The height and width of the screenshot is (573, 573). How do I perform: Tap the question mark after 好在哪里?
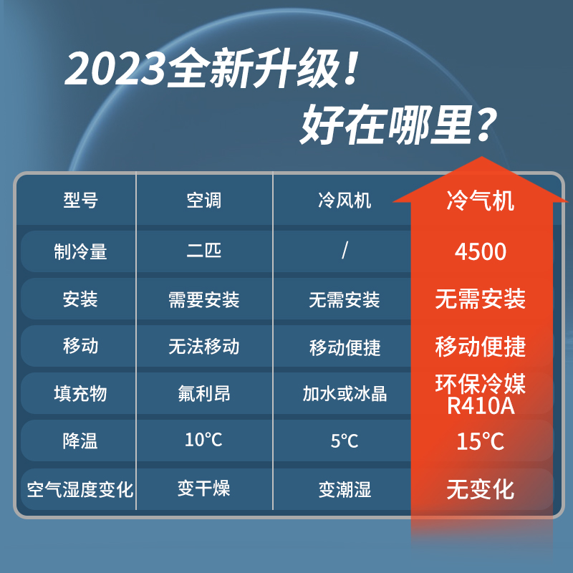[x=485, y=127]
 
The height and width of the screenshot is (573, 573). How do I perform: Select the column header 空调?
[x=204, y=201]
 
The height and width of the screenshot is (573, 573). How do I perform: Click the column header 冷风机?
[x=345, y=201]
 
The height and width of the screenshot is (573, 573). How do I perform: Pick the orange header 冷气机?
[x=481, y=201]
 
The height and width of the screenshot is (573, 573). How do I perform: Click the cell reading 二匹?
[x=204, y=251]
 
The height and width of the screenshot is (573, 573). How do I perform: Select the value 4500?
[x=481, y=251]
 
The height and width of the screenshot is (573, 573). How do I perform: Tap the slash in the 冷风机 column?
[x=345, y=251]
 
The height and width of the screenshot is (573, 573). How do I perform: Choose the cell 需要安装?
[x=204, y=299]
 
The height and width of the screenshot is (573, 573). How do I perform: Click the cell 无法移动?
[x=204, y=347]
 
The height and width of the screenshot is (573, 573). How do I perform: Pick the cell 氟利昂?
[x=204, y=393]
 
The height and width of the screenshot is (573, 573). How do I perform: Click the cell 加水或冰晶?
[x=345, y=393]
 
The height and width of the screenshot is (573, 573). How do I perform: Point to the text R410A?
[x=481, y=406]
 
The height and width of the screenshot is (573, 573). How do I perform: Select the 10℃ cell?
[x=204, y=440]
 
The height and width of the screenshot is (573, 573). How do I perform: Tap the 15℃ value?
[x=481, y=440]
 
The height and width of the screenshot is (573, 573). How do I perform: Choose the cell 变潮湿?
[x=345, y=490]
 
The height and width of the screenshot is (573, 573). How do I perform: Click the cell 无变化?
[x=481, y=489]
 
